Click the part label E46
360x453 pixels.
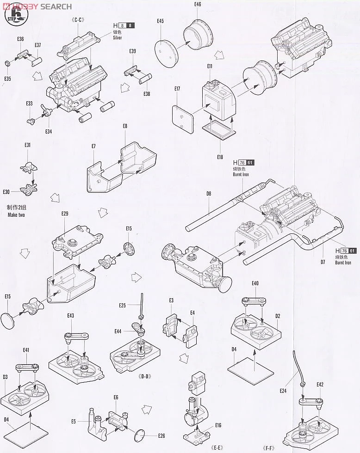pyautogui.click(x=198, y=4)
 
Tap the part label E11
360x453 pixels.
pyautogui.click(x=209, y=66)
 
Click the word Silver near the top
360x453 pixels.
pyautogui.click(x=118, y=37)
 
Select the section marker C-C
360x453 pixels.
pyautogui.click(x=76, y=20)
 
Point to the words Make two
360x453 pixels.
pyautogui.click(x=16, y=215)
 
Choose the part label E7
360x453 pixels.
pyautogui.click(x=93, y=146)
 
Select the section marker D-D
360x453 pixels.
pyautogui.click(x=145, y=376)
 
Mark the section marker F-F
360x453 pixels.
pyautogui.click(x=270, y=448)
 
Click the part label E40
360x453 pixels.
pyautogui.click(x=255, y=283)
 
